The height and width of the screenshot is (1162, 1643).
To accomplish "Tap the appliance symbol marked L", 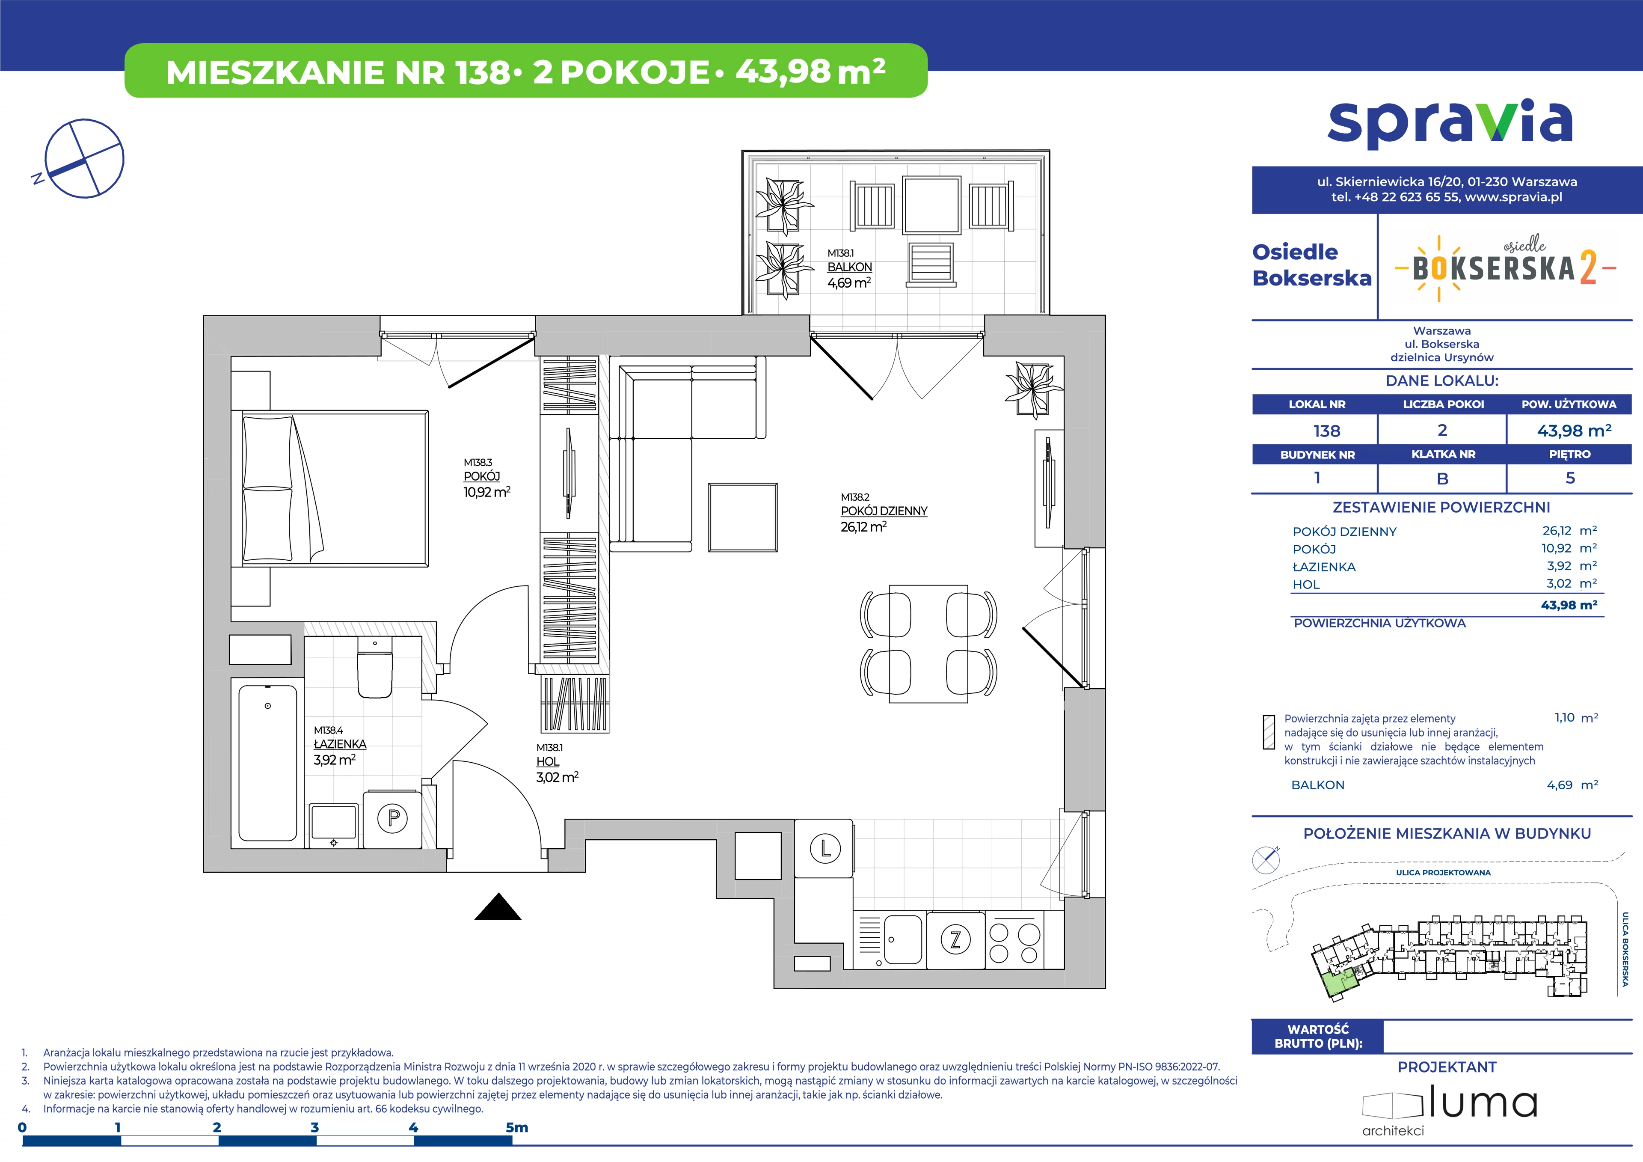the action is click(x=824, y=849).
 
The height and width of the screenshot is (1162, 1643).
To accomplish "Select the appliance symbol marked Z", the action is click(x=955, y=939).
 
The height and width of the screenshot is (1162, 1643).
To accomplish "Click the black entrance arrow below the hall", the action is click(x=498, y=906).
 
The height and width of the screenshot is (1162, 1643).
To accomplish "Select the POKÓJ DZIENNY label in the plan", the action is click(x=884, y=511).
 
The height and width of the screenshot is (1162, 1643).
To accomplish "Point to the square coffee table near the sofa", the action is click(x=743, y=517).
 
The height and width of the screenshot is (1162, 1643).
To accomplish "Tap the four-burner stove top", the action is click(x=1014, y=940).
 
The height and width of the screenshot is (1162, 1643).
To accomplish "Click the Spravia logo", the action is click(x=1450, y=126).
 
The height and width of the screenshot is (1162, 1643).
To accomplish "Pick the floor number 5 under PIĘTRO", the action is click(x=1570, y=478).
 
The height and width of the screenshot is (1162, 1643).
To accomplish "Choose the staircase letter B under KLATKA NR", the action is click(x=1443, y=478).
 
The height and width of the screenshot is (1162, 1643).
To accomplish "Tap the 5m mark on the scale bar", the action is click(x=517, y=1128).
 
